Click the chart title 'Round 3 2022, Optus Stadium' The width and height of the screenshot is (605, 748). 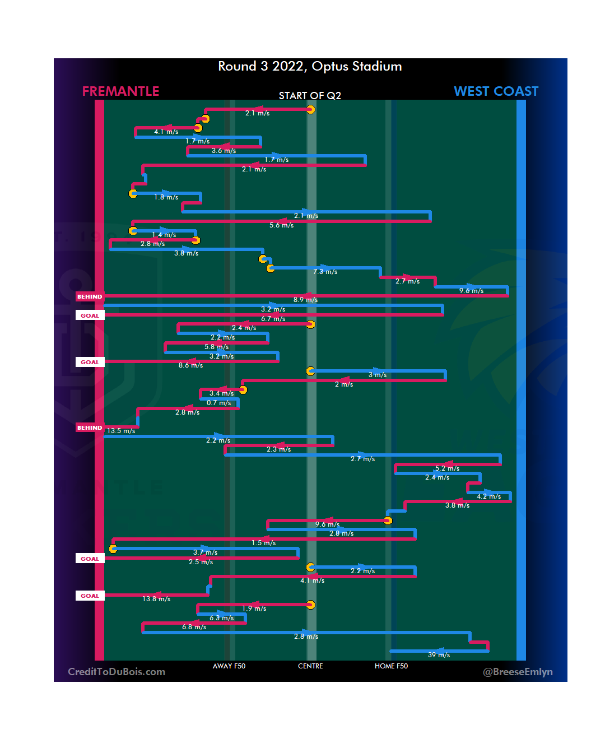tap(310, 67)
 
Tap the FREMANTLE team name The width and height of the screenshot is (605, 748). tap(120, 91)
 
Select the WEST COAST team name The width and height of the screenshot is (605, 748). tap(496, 91)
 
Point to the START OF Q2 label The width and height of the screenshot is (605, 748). tap(310, 96)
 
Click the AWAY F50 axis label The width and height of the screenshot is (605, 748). tap(229, 666)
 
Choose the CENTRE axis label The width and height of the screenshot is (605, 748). tap(310, 666)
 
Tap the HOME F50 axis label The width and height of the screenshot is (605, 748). tap(391, 666)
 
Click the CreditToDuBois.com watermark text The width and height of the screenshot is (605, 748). tap(117, 672)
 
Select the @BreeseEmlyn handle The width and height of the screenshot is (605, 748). tap(518, 672)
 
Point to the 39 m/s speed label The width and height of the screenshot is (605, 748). tap(439, 655)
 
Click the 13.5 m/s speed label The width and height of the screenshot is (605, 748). tap(121, 431)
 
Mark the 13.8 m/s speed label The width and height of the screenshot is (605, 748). tap(156, 599)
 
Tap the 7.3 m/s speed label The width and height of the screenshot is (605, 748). tap(325, 272)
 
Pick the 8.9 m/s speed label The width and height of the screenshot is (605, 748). tap(305, 300)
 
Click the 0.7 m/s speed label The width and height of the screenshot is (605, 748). tap(218, 403)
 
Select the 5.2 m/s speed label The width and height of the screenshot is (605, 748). tap(447, 468)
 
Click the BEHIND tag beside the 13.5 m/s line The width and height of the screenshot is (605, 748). tap(90, 428)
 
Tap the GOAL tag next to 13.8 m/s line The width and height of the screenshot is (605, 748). tap(90, 596)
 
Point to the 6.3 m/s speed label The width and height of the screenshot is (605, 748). tap(221, 618)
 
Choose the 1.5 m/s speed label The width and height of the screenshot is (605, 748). tap(263, 543)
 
